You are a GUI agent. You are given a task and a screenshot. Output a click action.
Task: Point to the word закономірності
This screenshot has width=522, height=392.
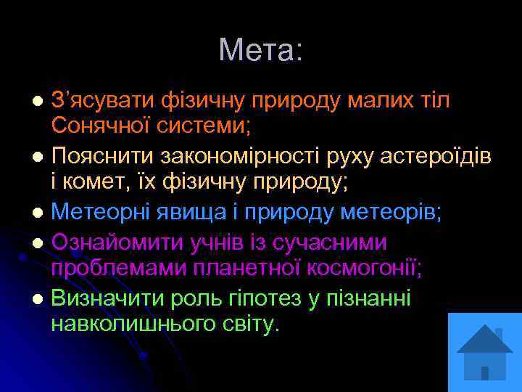(227, 156)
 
